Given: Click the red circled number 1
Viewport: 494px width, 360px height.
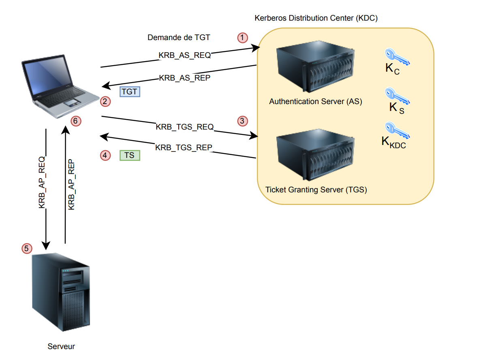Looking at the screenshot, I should [242, 38].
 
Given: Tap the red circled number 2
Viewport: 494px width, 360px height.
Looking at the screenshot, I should [105, 101].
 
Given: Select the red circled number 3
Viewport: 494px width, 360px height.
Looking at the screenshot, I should [242, 121].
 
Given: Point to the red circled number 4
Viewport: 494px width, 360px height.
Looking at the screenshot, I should [105, 155].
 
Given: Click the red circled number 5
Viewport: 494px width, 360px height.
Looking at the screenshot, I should [27, 248].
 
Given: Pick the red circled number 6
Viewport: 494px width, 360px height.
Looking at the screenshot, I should [76, 121].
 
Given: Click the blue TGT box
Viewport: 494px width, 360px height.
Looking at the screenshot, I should [130, 92].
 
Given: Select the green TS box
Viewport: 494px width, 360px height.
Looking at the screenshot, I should [130, 155].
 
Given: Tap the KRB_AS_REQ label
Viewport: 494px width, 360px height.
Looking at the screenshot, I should [184, 55].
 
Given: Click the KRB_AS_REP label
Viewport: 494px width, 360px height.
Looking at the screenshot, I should [184, 78].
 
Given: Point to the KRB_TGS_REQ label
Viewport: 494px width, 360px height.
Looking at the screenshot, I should [184, 127].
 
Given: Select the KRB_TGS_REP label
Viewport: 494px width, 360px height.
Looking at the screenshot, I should [184, 147].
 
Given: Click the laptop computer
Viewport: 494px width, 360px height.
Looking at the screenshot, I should [61, 87].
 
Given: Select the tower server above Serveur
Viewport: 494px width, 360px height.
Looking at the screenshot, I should [61, 292].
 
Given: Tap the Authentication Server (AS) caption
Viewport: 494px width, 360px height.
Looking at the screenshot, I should [315, 101].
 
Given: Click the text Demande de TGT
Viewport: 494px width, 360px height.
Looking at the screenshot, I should [179, 38].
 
